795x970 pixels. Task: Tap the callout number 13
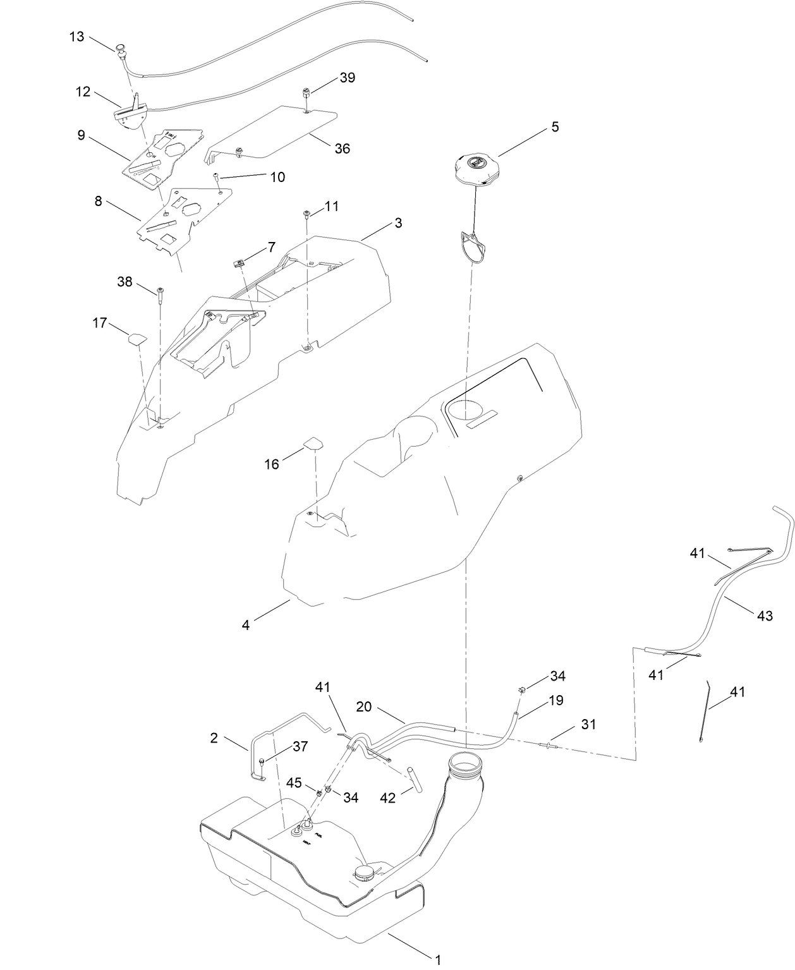pos(76,37)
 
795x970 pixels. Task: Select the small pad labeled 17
pos(137,338)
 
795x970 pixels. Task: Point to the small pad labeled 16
pos(313,443)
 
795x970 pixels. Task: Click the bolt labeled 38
pos(161,293)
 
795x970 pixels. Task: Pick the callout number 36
pos(342,149)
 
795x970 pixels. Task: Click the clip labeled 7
pos(240,262)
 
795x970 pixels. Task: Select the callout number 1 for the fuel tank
pos(437,960)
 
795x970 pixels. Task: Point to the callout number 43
pos(765,615)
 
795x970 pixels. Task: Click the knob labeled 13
pos(121,48)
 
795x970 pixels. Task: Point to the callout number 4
pos(246,625)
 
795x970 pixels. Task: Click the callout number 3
pos(397,223)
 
